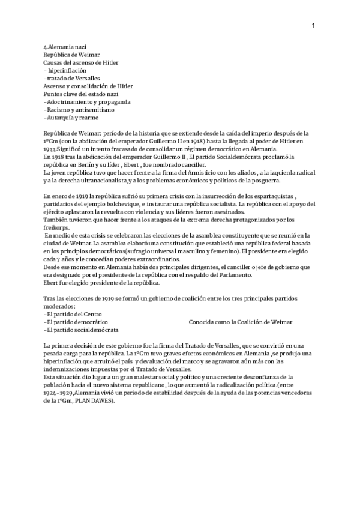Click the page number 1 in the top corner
[313, 25]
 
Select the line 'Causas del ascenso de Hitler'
[80, 62]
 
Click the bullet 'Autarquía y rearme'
[73, 118]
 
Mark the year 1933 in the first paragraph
[52, 149]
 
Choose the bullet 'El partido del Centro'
[73, 314]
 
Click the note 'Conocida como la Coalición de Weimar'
[240, 322]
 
